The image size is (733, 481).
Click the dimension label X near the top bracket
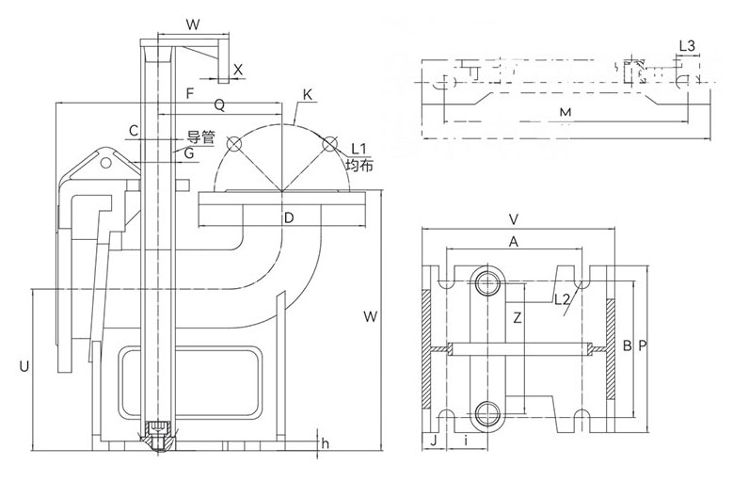click(x=238, y=70)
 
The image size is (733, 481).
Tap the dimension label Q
click(x=219, y=104)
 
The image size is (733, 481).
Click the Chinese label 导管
click(x=201, y=137)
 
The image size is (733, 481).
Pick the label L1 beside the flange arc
click(x=358, y=149)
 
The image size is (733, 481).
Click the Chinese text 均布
click(x=359, y=166)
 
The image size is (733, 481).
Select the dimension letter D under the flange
click(x=290, y=219)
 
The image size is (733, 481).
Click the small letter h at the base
click(x=325, y=443)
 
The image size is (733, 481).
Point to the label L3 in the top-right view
click(x=686, y=45)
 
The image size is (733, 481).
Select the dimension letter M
click(x=566, y=114)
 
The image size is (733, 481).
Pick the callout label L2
click(x=563, y=300)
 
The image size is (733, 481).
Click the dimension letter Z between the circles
click(x=517, y=317)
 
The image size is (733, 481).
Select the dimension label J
click(x=434, y=439)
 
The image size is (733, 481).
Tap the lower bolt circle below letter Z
click(x=488, y=411)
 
